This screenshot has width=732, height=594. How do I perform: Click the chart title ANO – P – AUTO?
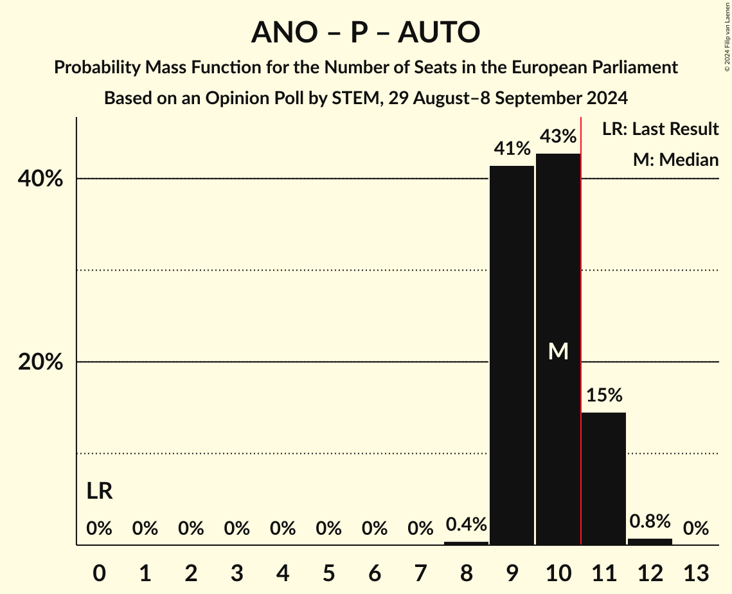(x=366, y=32)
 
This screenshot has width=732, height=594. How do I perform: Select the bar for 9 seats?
(x=512, y=355)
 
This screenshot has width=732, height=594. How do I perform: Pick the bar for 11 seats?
(x=603, y=478)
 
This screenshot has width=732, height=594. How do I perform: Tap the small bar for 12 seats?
(x=650, y=541)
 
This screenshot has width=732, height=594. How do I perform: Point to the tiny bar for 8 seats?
(x=466, y=543)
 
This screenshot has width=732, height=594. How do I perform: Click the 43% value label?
(x=558, y=136)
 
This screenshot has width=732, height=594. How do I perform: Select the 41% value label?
(x=512, y=148)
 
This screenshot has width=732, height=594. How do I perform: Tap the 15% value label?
(x=603, y=395)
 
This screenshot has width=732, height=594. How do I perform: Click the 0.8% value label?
(x=650, y=521)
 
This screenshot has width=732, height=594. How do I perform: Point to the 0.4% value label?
(x=466, y=525)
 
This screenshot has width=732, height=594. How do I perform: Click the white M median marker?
(x=558, y=351)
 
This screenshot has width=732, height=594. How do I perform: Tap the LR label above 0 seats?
(x=100, y=492)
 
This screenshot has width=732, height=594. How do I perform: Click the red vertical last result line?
(x=581, y=321)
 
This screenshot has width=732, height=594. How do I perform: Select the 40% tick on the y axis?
(x=40, y=179)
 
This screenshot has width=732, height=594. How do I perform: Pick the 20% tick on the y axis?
(x=40, y=363)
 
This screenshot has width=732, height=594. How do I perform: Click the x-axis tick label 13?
(x=695, y=573)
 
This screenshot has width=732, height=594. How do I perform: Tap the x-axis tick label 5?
(x=328, y=573)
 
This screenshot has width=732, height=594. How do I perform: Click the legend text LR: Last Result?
(x=660, y=129)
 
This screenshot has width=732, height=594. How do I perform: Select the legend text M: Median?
(x=675, y=159)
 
